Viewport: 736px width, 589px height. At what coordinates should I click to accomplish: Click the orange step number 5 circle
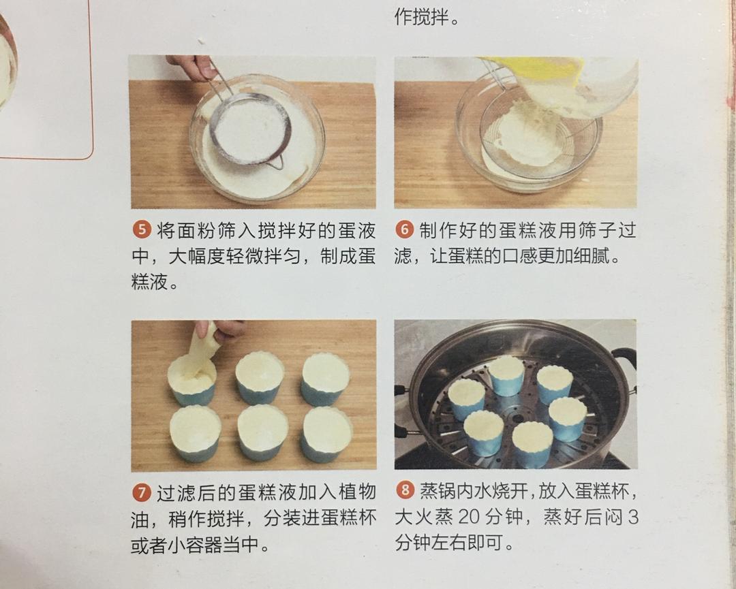141,230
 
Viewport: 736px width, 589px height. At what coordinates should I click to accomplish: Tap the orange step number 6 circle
404,230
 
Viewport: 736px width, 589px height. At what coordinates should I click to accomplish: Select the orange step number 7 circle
141,492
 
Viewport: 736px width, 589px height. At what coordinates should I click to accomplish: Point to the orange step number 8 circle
405,491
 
